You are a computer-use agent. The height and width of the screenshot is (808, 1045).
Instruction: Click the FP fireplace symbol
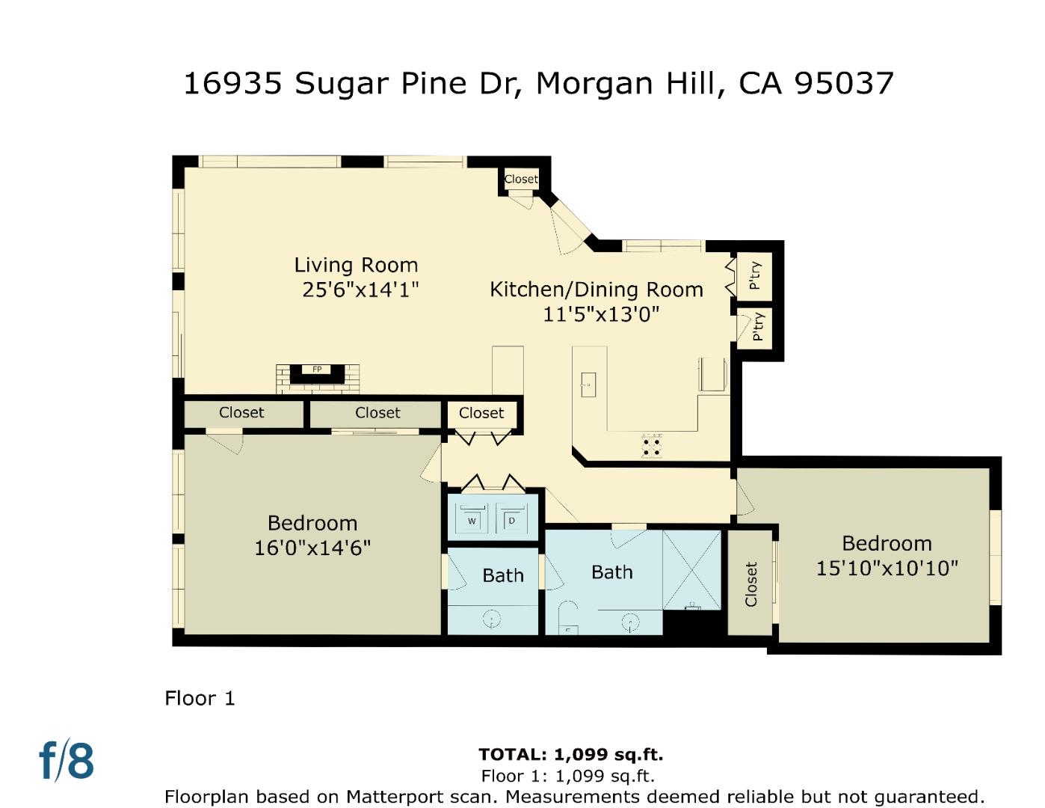click(x=317, y=370)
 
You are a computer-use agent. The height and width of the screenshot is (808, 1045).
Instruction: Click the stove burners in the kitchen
click(x=651, y=446)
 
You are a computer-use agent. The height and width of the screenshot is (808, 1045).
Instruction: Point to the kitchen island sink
click(x=588, y=385)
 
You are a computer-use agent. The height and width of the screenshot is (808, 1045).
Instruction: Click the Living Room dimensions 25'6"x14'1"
click(x=360, y=290)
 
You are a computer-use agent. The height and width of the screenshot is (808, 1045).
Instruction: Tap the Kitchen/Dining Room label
click(x=596, y=290)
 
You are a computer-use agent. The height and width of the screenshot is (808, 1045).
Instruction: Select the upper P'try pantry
click(x=755, y=275)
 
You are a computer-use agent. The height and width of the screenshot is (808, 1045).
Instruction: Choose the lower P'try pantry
click(x=757, y=328)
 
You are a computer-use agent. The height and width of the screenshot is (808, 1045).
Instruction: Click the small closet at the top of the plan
click(x=520, y=179)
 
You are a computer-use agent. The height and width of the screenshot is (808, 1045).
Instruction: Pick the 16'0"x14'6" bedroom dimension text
click(x=312, y=548)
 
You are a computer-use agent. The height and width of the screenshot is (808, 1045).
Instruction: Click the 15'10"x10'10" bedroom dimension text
click(x=887, y=569)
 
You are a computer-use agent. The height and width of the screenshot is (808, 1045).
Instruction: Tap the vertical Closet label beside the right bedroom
click(x=751, y=584)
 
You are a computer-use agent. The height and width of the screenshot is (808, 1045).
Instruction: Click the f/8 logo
click(x=67, y=761)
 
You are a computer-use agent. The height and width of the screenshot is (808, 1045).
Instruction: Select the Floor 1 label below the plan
click(x=200, y=698)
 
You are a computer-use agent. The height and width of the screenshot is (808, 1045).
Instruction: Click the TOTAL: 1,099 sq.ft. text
click(x=570, y=754)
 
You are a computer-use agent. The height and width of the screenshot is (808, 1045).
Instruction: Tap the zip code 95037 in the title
click(x=843, y=83)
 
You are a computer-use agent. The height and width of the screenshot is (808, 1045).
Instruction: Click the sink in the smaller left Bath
click(x=492, y=618)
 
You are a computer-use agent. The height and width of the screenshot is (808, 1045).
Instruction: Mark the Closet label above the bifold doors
click(x=481, y=413)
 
